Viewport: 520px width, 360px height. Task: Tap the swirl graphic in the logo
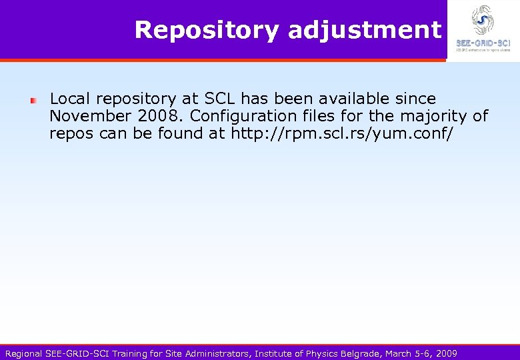point(483,19)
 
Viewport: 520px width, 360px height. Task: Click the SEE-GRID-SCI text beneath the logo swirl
point(483,43)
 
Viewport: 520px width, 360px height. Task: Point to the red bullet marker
point(32,100)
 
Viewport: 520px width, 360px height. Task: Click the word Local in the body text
point(70,99)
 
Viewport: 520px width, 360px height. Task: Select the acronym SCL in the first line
point(220,99)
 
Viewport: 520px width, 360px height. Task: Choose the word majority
point(435,116)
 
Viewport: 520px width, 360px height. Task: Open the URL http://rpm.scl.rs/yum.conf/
point(342,133)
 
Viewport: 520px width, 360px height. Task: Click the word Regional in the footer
point(23,353)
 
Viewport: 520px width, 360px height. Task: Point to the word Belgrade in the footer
point(360,353)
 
